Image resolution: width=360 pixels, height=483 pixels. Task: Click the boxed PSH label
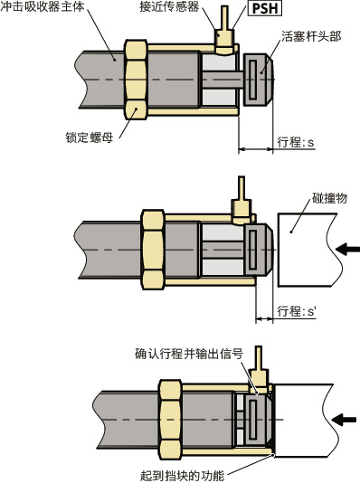[265, 8]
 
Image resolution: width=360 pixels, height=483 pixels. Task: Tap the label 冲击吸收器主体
[43, 6]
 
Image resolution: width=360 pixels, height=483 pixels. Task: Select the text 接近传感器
[169, 6]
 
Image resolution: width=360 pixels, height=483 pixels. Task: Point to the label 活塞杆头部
[311, 36]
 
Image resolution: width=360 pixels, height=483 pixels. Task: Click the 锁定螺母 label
[90, 137]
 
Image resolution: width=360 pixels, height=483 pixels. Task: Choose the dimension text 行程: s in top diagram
[296, 142]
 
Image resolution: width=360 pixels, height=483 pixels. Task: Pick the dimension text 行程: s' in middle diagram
[297, 311]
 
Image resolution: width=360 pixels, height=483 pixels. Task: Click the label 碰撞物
[329, 198]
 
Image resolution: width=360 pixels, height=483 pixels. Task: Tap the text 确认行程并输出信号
[189, 354]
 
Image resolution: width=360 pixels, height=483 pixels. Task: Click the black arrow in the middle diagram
[347, 249]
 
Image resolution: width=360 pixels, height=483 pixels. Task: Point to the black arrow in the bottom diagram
[344, 420]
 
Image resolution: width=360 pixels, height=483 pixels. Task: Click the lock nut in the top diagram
[136, 80]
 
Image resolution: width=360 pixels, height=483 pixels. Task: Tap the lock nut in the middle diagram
[153, 250]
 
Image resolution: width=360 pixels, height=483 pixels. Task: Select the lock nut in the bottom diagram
[170, 420]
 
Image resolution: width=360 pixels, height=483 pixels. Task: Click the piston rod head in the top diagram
[258, 80]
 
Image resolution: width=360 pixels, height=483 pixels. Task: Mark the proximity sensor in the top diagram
[224, 32]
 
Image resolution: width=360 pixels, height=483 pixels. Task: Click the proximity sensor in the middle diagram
[242, 201]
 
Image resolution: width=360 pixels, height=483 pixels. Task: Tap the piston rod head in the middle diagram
[258, 250]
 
